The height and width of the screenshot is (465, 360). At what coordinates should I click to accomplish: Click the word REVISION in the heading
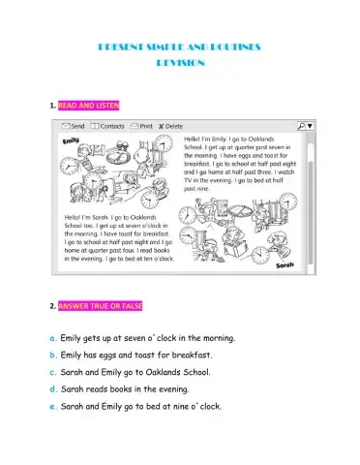tap(181, 62)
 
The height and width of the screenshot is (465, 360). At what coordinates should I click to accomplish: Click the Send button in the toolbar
tap(73, 126)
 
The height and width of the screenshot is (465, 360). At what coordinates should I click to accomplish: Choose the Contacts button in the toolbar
tap(110, 126)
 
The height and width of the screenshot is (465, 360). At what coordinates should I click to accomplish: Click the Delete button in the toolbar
tap(171, 126)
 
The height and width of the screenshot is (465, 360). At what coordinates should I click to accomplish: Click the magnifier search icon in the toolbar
tap(302, 126)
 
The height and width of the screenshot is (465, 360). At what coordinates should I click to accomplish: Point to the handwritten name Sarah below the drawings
tap(284, 263)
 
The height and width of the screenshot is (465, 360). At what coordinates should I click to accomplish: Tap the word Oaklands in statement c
tap(165, 372)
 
